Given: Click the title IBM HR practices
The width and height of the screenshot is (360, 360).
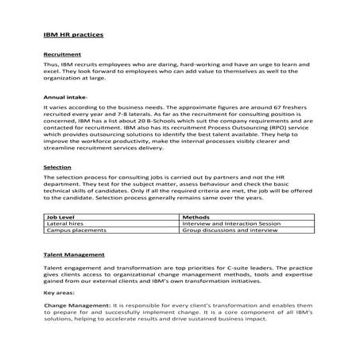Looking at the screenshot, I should (x=72, y=37).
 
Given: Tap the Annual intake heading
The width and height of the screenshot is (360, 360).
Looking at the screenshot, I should (x=65, y=96).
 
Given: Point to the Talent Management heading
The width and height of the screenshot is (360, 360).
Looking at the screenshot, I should (x=74, y=256).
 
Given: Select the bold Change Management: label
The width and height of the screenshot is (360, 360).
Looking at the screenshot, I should (x=76, y=304).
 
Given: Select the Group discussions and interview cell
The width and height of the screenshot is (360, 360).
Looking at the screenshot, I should (x=230, y=230).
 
